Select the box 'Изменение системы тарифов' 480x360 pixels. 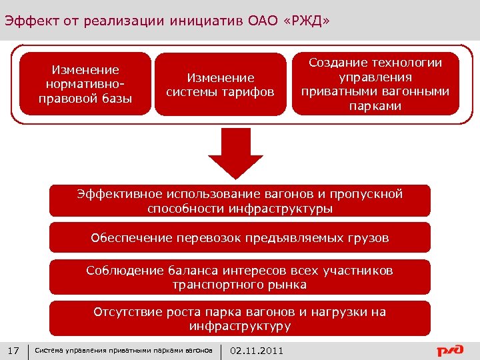tap(220, 85)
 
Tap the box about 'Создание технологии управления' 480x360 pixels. tap(375, 84)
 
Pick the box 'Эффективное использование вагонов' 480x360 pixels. tap(240, 201)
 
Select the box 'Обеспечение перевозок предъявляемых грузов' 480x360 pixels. tap(240, 238)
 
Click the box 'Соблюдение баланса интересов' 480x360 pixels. tap(240, 277)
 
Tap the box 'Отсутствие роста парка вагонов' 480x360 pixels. tap(240, 319)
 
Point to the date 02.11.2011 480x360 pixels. tap(257, 351)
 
